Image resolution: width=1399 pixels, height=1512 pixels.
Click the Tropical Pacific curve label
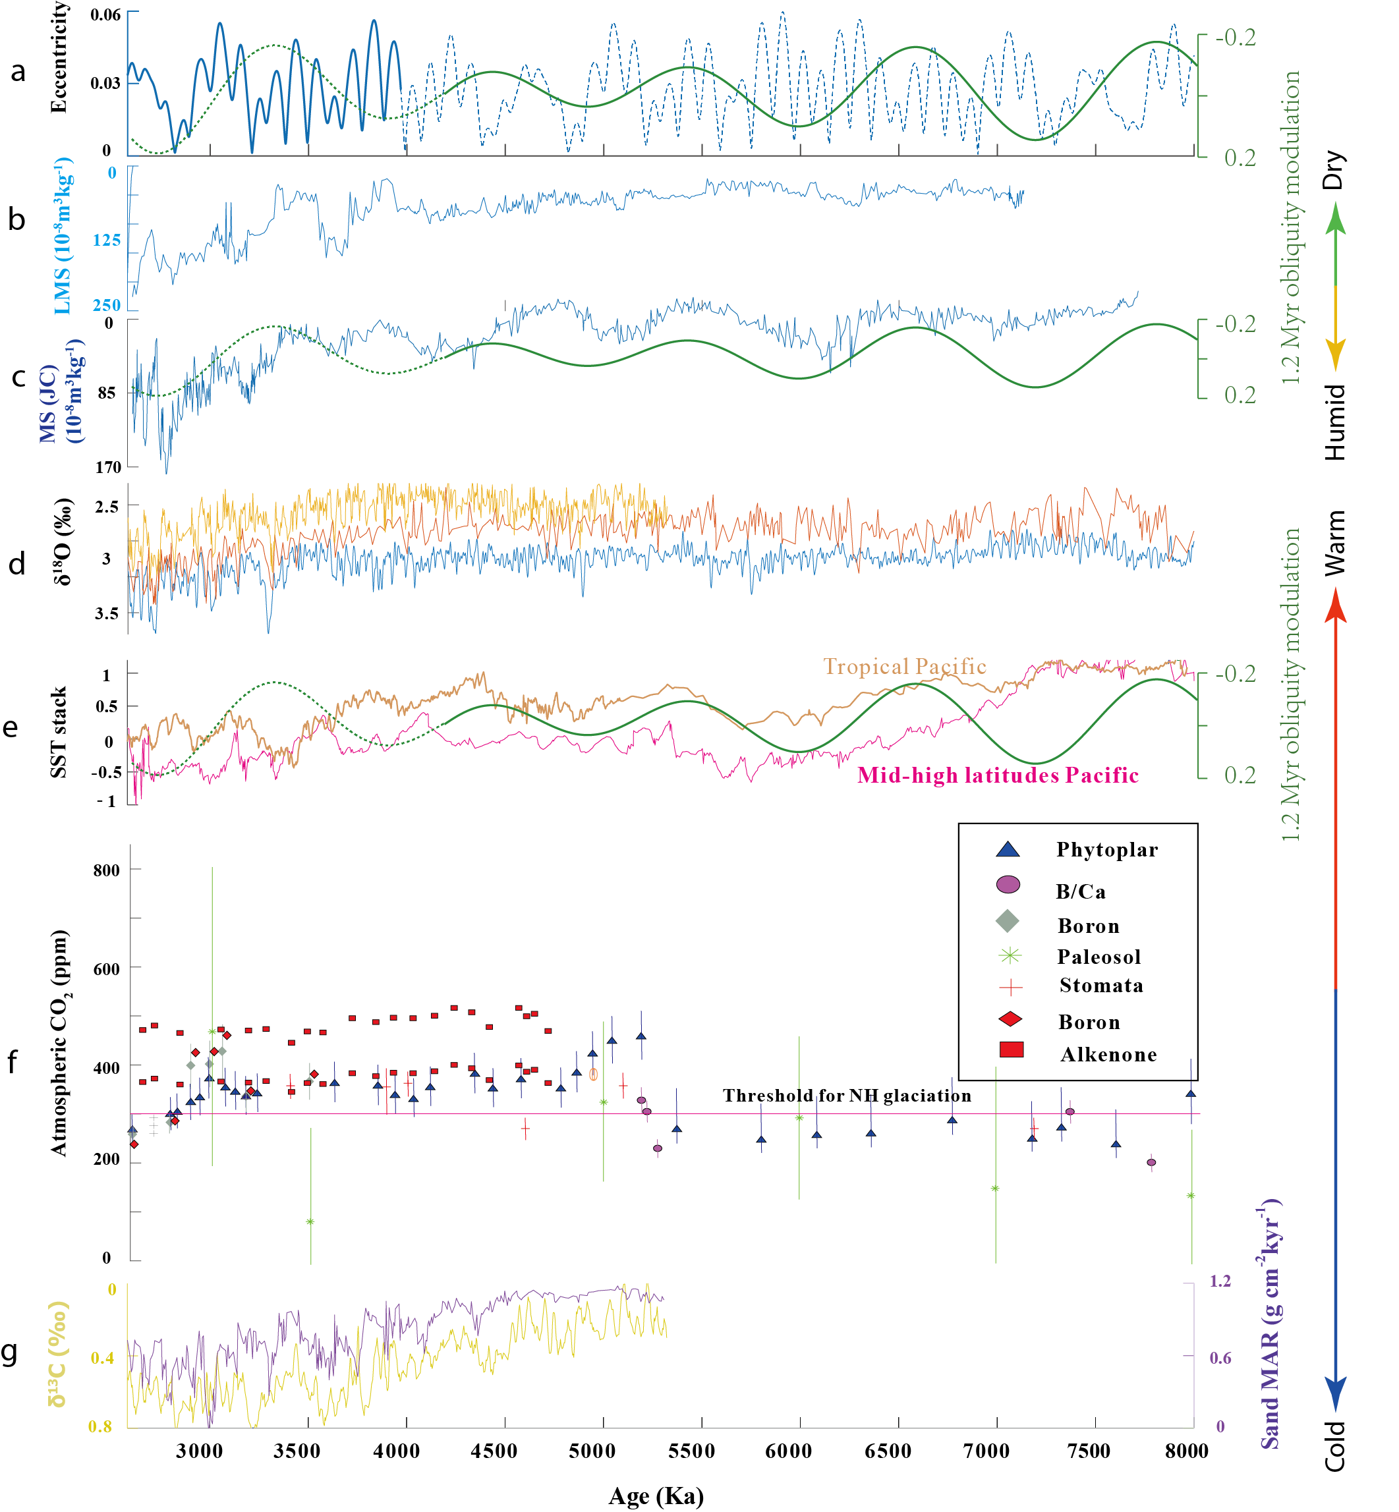coord(905,667)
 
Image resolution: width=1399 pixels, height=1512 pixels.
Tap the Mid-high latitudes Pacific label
coord(998,775)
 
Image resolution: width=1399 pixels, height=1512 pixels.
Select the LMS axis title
coord(63,236)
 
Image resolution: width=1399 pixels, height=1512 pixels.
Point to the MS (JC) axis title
coord(61,391)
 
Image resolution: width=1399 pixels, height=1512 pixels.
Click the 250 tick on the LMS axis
coord(107,305)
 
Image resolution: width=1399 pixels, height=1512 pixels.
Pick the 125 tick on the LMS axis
coord(107,240)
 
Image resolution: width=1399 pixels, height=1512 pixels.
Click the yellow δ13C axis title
coord(57,1355)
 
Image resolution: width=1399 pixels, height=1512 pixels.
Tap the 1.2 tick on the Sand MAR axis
coord(1220,1281)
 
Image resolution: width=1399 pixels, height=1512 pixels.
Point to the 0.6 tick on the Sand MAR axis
coord(1220,1358)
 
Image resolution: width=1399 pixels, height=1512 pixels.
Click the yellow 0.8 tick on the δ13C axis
coord(101,1426)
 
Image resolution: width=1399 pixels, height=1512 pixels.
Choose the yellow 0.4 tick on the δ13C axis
coord(102,1358)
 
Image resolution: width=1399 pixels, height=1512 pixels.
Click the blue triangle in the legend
coord(1008,850)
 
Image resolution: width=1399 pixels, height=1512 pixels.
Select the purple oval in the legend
coord(1008,884)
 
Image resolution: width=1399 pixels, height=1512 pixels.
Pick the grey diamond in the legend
coord(1008,921)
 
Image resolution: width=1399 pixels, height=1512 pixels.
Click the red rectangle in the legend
coord(1012,1050)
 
